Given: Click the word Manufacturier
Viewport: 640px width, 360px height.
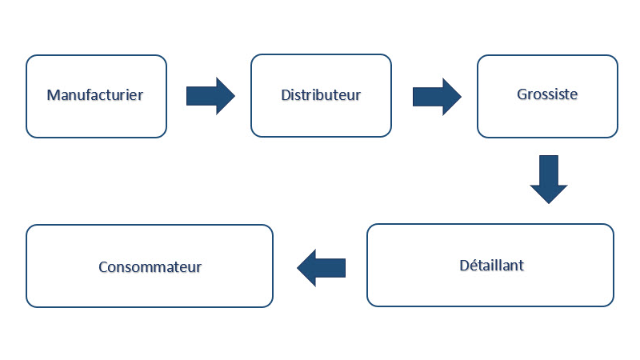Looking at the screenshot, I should (x=95, y=95).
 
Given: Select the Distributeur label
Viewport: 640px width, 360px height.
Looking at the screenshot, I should (x=321, y=95).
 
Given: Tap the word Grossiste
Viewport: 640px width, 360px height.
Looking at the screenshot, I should (x=547, y=94).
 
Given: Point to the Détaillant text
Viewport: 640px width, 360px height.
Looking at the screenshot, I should (x=490, y=265).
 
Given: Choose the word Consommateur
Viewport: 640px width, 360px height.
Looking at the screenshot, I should (x=150, y=266).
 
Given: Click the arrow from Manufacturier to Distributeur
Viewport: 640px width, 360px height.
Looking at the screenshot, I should (x=210, y=96).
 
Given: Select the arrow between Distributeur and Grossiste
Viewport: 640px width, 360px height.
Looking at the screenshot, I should (x=436, y=96).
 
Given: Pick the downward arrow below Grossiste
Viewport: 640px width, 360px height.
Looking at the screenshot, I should (x=549, y=178).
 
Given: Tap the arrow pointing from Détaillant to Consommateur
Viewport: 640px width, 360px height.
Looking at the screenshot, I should (x=322, y=266).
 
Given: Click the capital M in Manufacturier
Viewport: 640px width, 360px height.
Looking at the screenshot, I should (x=53, y=95).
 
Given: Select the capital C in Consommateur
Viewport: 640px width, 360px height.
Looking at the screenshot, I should (x=103, y=266).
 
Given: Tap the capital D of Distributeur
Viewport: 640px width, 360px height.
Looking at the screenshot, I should (x=286, y=95).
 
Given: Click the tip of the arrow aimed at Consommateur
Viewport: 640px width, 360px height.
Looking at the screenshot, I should (x=298, y=266).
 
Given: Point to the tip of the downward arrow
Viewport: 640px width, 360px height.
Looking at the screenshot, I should (x=549, y=203).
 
